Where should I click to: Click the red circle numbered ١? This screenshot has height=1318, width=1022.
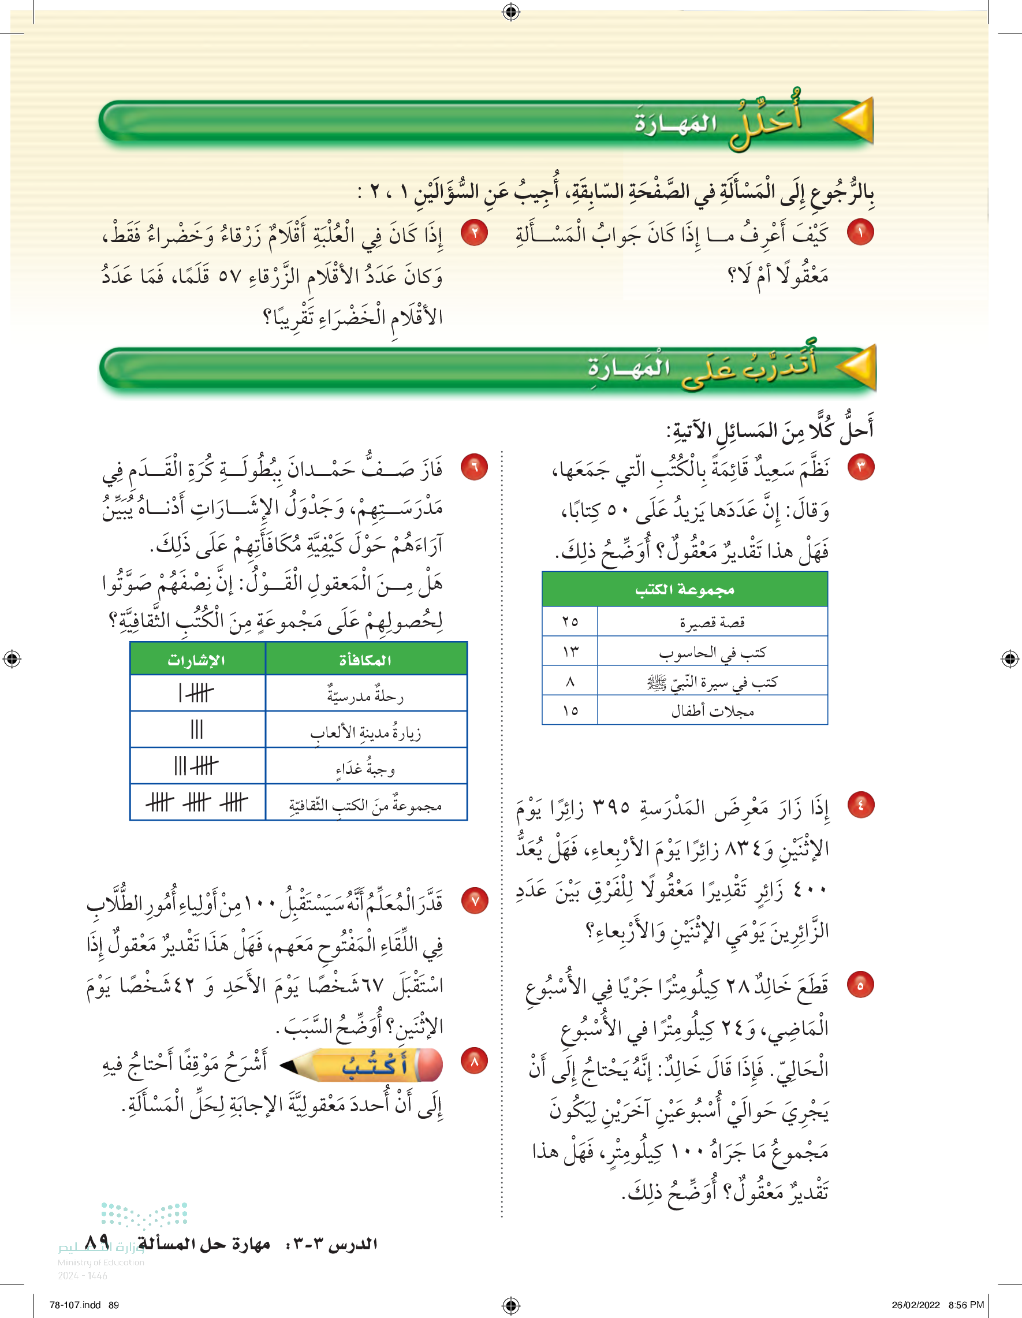pyautogui.click(x=860, y=232)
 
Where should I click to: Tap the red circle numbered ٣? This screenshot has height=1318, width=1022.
pyautogui.click(x=861, y=467)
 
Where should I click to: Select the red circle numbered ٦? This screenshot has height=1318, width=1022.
pyautogui.click(x=474, y=467)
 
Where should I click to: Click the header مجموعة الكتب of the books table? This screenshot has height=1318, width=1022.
pyautogui.click(x=685, y=589)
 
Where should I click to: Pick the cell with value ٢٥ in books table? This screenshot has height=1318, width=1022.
pyautogui.click(x=570, y=621)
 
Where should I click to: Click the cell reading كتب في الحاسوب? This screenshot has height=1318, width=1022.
pyautogui.click(x=713, y=651)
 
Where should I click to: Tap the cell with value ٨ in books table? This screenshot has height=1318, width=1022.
pyautogui.click(x=570, y=682)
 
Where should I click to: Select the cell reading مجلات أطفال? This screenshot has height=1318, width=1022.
pyautogui.click(x=713, y=711)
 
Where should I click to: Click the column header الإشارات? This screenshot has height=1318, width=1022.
pyautogui.click(x=197, y=660)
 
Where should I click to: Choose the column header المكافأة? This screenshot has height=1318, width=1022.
pyautogui.click(x=365, y=660)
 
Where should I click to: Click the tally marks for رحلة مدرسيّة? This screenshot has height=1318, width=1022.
pyautogui.click(x=197, y=694)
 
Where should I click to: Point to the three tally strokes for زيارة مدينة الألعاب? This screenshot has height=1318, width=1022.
pyautogui.click(x=197, y=729)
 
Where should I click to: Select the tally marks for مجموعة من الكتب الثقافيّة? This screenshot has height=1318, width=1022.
pyautogui.click(x=197, y=803)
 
